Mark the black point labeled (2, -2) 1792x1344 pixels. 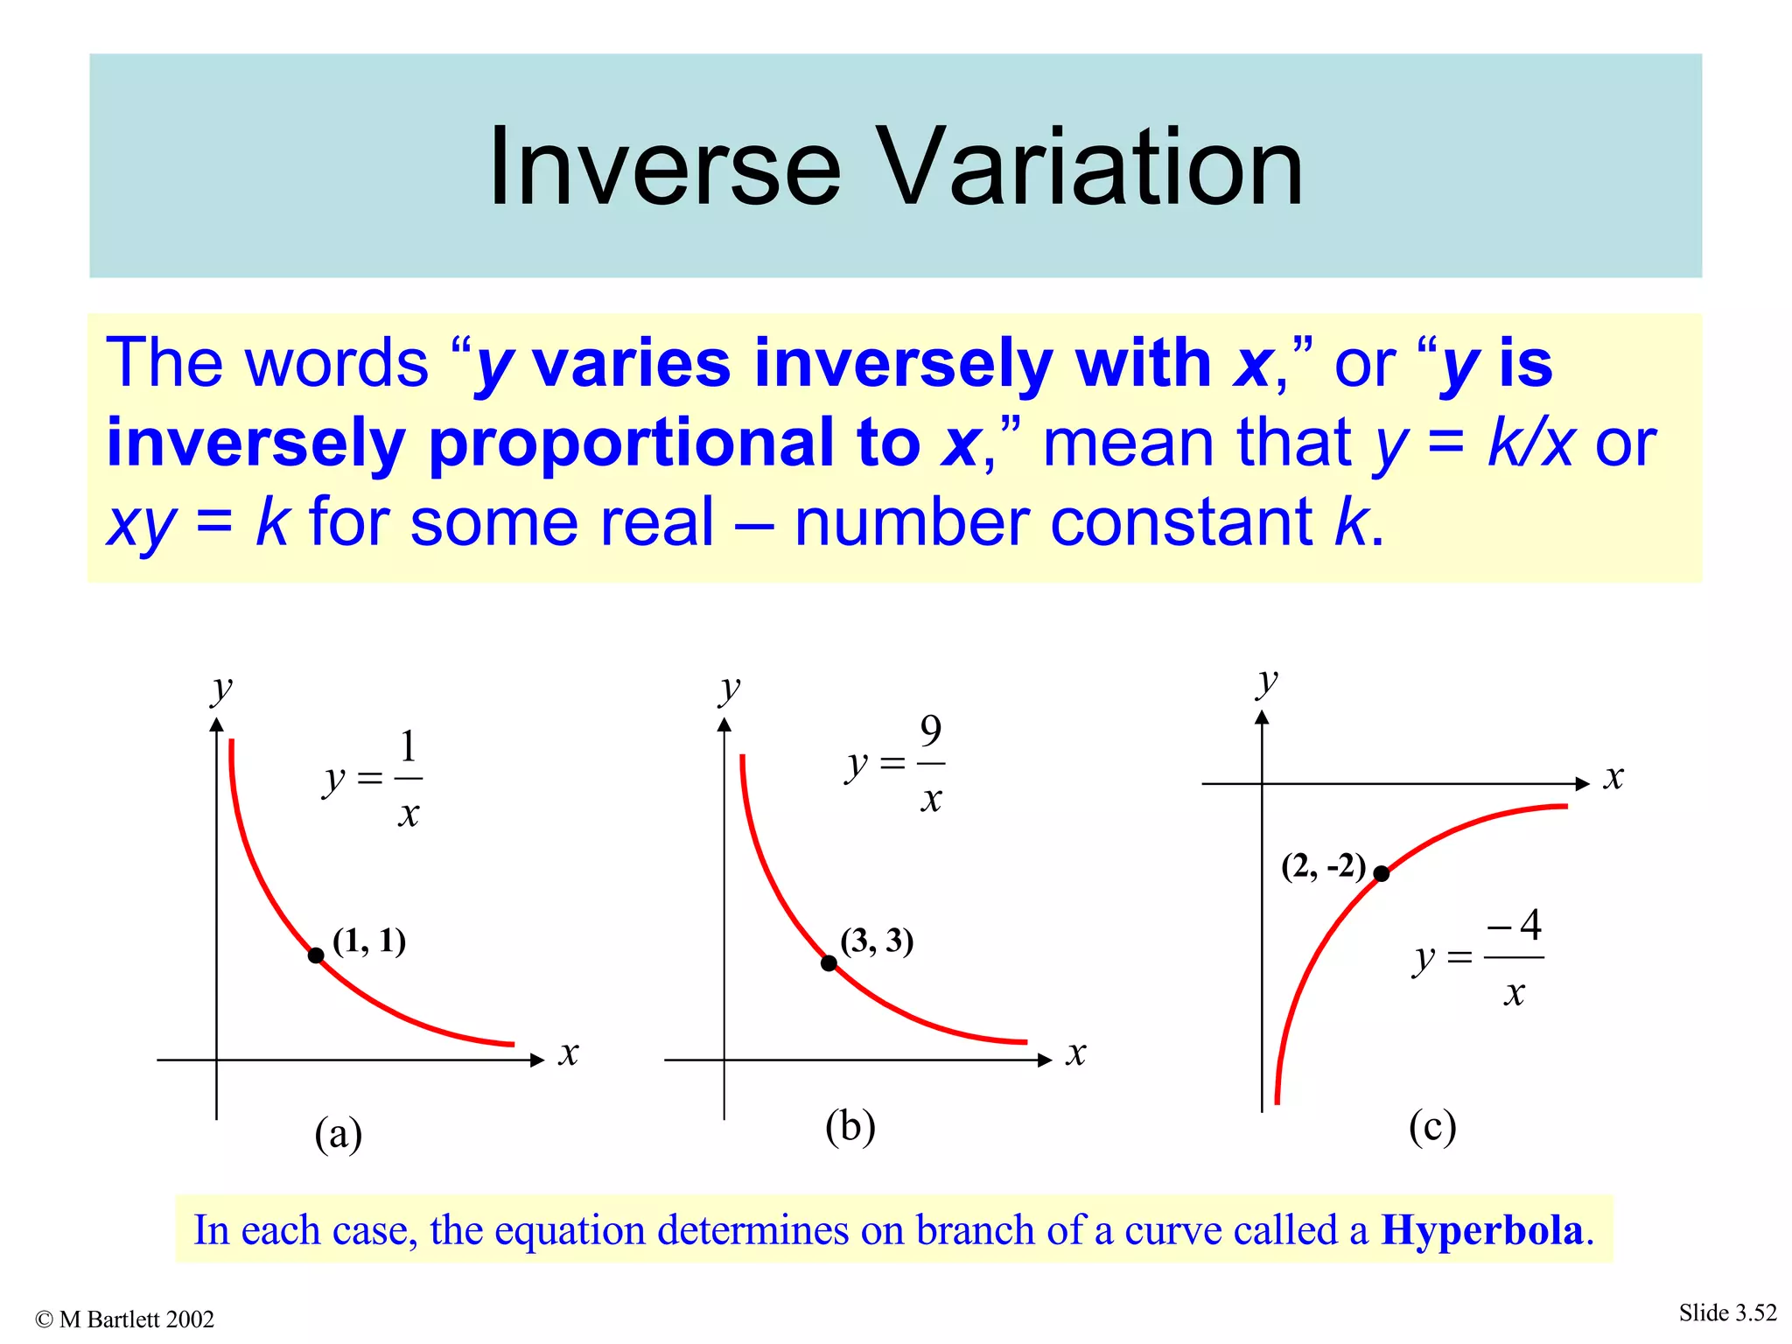[1381, 873]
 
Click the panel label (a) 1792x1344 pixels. [338, 1134]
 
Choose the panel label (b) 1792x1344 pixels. [850, 1127]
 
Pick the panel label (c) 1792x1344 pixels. [1432, 1127]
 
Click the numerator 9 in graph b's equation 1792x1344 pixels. [931, 731]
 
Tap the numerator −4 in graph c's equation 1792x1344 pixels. [1515, 924]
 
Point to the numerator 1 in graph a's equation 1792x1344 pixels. [408, 746]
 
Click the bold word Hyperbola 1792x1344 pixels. [1482, 1230]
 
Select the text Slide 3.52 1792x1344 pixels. [1727, 1312]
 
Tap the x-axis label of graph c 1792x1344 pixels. [1613, 777]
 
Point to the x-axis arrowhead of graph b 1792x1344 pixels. [1044, 1060]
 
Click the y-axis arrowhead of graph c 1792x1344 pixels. [1262, 717]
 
